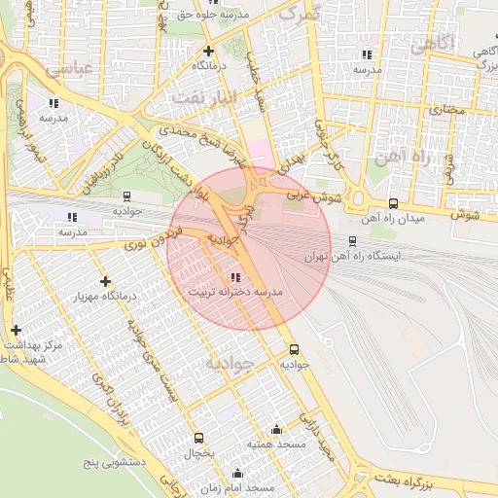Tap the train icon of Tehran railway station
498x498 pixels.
(352, 241)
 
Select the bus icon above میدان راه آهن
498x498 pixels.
(393, 203)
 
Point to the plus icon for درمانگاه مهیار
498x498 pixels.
(106, 282)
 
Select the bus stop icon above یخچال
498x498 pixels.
(199, 439)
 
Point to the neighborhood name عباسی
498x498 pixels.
(67, 67)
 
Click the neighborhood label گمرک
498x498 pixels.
(299, 14)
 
